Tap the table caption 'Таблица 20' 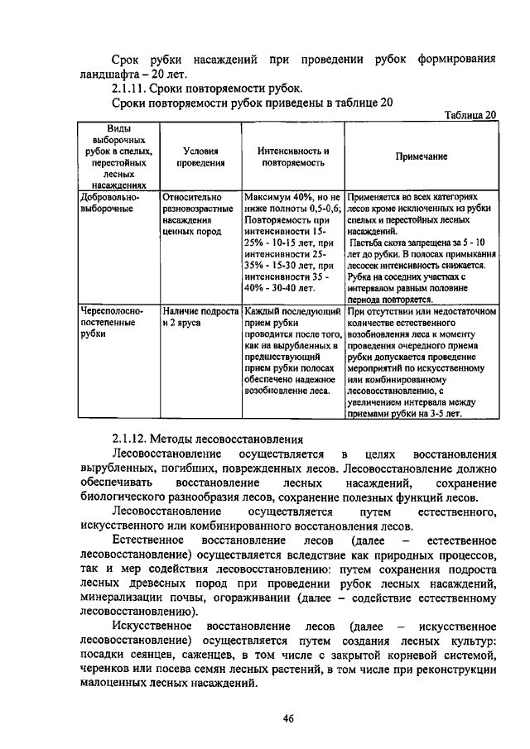click(x=469, y=115)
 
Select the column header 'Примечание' click(x=421, y=156)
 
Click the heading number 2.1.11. click(x=130, y=88)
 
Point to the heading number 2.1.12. click(x=130, y=439)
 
